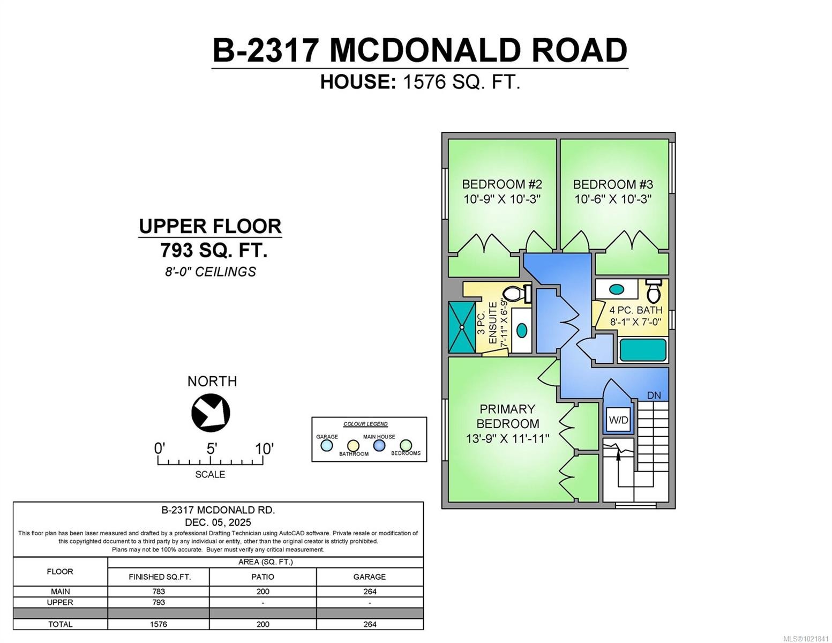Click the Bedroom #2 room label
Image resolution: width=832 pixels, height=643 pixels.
point(501,184)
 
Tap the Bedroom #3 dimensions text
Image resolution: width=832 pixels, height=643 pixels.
point(613,199)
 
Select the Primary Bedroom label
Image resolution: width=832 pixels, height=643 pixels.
point(507,416)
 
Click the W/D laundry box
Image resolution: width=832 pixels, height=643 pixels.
point(618,420)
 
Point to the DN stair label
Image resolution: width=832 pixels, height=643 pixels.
point(654,395)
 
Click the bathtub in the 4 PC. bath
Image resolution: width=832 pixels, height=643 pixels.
point(643,350)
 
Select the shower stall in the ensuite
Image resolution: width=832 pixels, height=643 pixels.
point(462,327)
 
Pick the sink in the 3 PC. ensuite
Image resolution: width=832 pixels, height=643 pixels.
point(521,330)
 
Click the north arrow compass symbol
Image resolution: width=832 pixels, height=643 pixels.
point(211,413)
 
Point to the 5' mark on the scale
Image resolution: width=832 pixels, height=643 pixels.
point(211,449)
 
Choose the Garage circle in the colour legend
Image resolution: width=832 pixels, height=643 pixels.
point(326,445)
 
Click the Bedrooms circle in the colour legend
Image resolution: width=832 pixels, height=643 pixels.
point(406,445)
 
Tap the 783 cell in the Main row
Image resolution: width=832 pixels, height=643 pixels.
point(159,592)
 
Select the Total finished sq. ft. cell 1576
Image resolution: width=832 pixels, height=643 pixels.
point(159,624)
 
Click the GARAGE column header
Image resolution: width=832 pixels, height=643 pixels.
point(369,577)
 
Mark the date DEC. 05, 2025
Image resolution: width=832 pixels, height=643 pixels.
point(218,522)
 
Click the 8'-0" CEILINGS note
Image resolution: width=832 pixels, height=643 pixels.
point(210,272)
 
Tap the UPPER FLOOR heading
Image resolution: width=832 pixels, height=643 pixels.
point(210,226)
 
